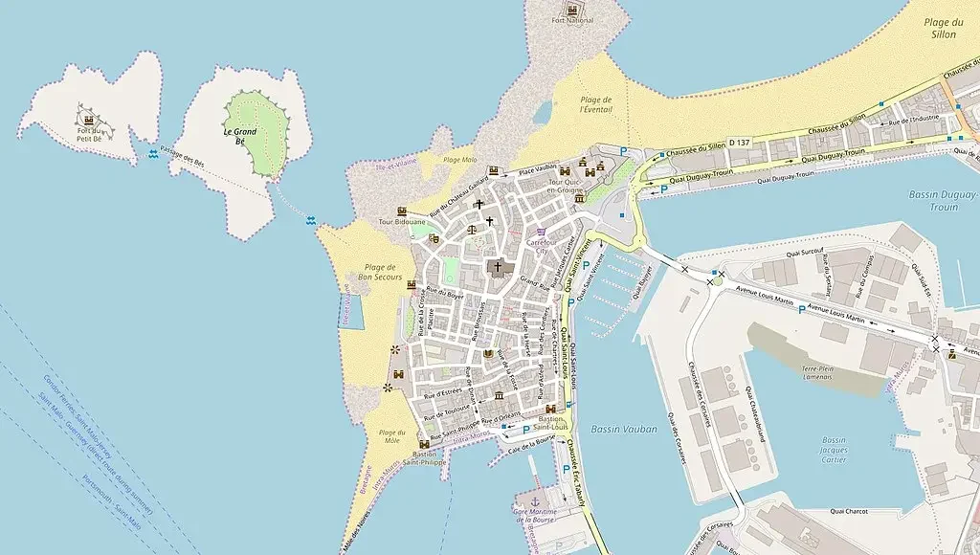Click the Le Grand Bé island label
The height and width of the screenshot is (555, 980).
click(x=241, y=134)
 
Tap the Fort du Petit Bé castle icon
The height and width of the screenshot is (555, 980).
click(x=89, y=121)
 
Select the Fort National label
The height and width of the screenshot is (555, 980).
click(x=572, y=20)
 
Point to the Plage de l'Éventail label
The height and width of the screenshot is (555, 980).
click(x=595, y=104)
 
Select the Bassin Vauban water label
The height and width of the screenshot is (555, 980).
click(x=624, y=429)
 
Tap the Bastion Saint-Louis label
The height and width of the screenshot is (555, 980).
click(x=552, y=424)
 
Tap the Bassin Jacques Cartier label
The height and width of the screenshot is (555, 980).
click(x=834, y=449)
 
